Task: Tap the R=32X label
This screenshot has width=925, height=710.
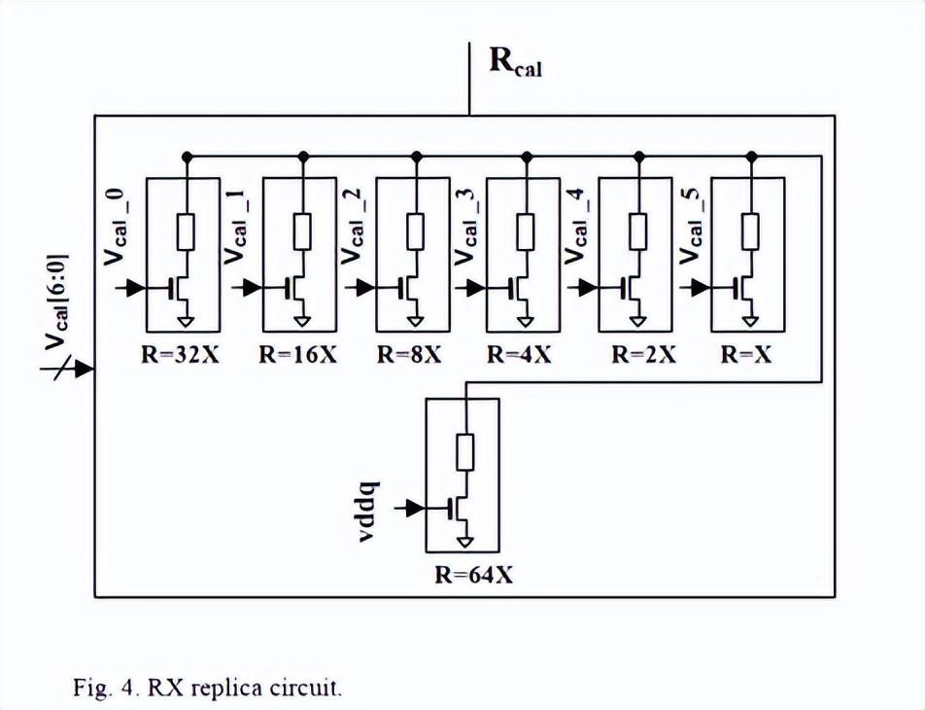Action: [x=182, y=355]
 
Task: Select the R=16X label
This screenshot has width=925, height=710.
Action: [x=298, y=355]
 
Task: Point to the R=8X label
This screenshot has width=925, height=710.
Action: [x=410, y=355]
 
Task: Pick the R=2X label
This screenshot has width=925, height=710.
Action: [x=643, y=355]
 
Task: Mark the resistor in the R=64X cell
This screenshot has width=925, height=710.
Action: [x=467, y=453]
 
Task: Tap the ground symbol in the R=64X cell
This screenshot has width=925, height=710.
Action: [x=467, y=541]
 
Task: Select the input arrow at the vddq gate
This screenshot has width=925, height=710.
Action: [x=415, y=508]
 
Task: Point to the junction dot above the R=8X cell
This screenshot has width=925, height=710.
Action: [x=416, y=155]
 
